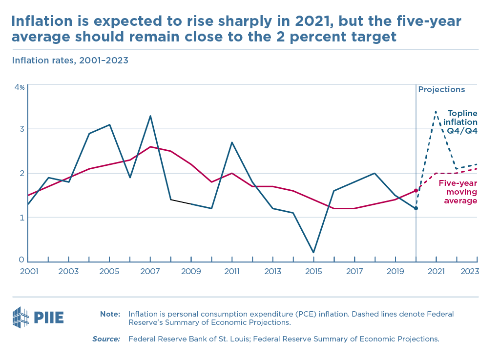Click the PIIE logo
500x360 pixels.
coord(38,318)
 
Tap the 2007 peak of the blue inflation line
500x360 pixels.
coord(150,116)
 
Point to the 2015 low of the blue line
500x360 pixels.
coord(313,252)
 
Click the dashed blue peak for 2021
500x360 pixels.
coord(436,112)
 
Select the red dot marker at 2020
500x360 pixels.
coord(416,190)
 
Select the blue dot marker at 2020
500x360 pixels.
coord(416,208)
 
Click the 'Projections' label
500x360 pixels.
coord(441,90)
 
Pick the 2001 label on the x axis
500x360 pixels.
coord(28,272)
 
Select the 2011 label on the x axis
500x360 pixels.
coord(232,272)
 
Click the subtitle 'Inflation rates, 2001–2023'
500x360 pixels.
coord(70,60)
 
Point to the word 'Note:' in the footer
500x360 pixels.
coord(110,314)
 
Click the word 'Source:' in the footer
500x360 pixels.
coord(106,339)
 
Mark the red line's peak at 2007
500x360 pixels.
coord(150,147)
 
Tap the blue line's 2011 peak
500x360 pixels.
coord(232,142)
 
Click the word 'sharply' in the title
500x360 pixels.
coord(226,22)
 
